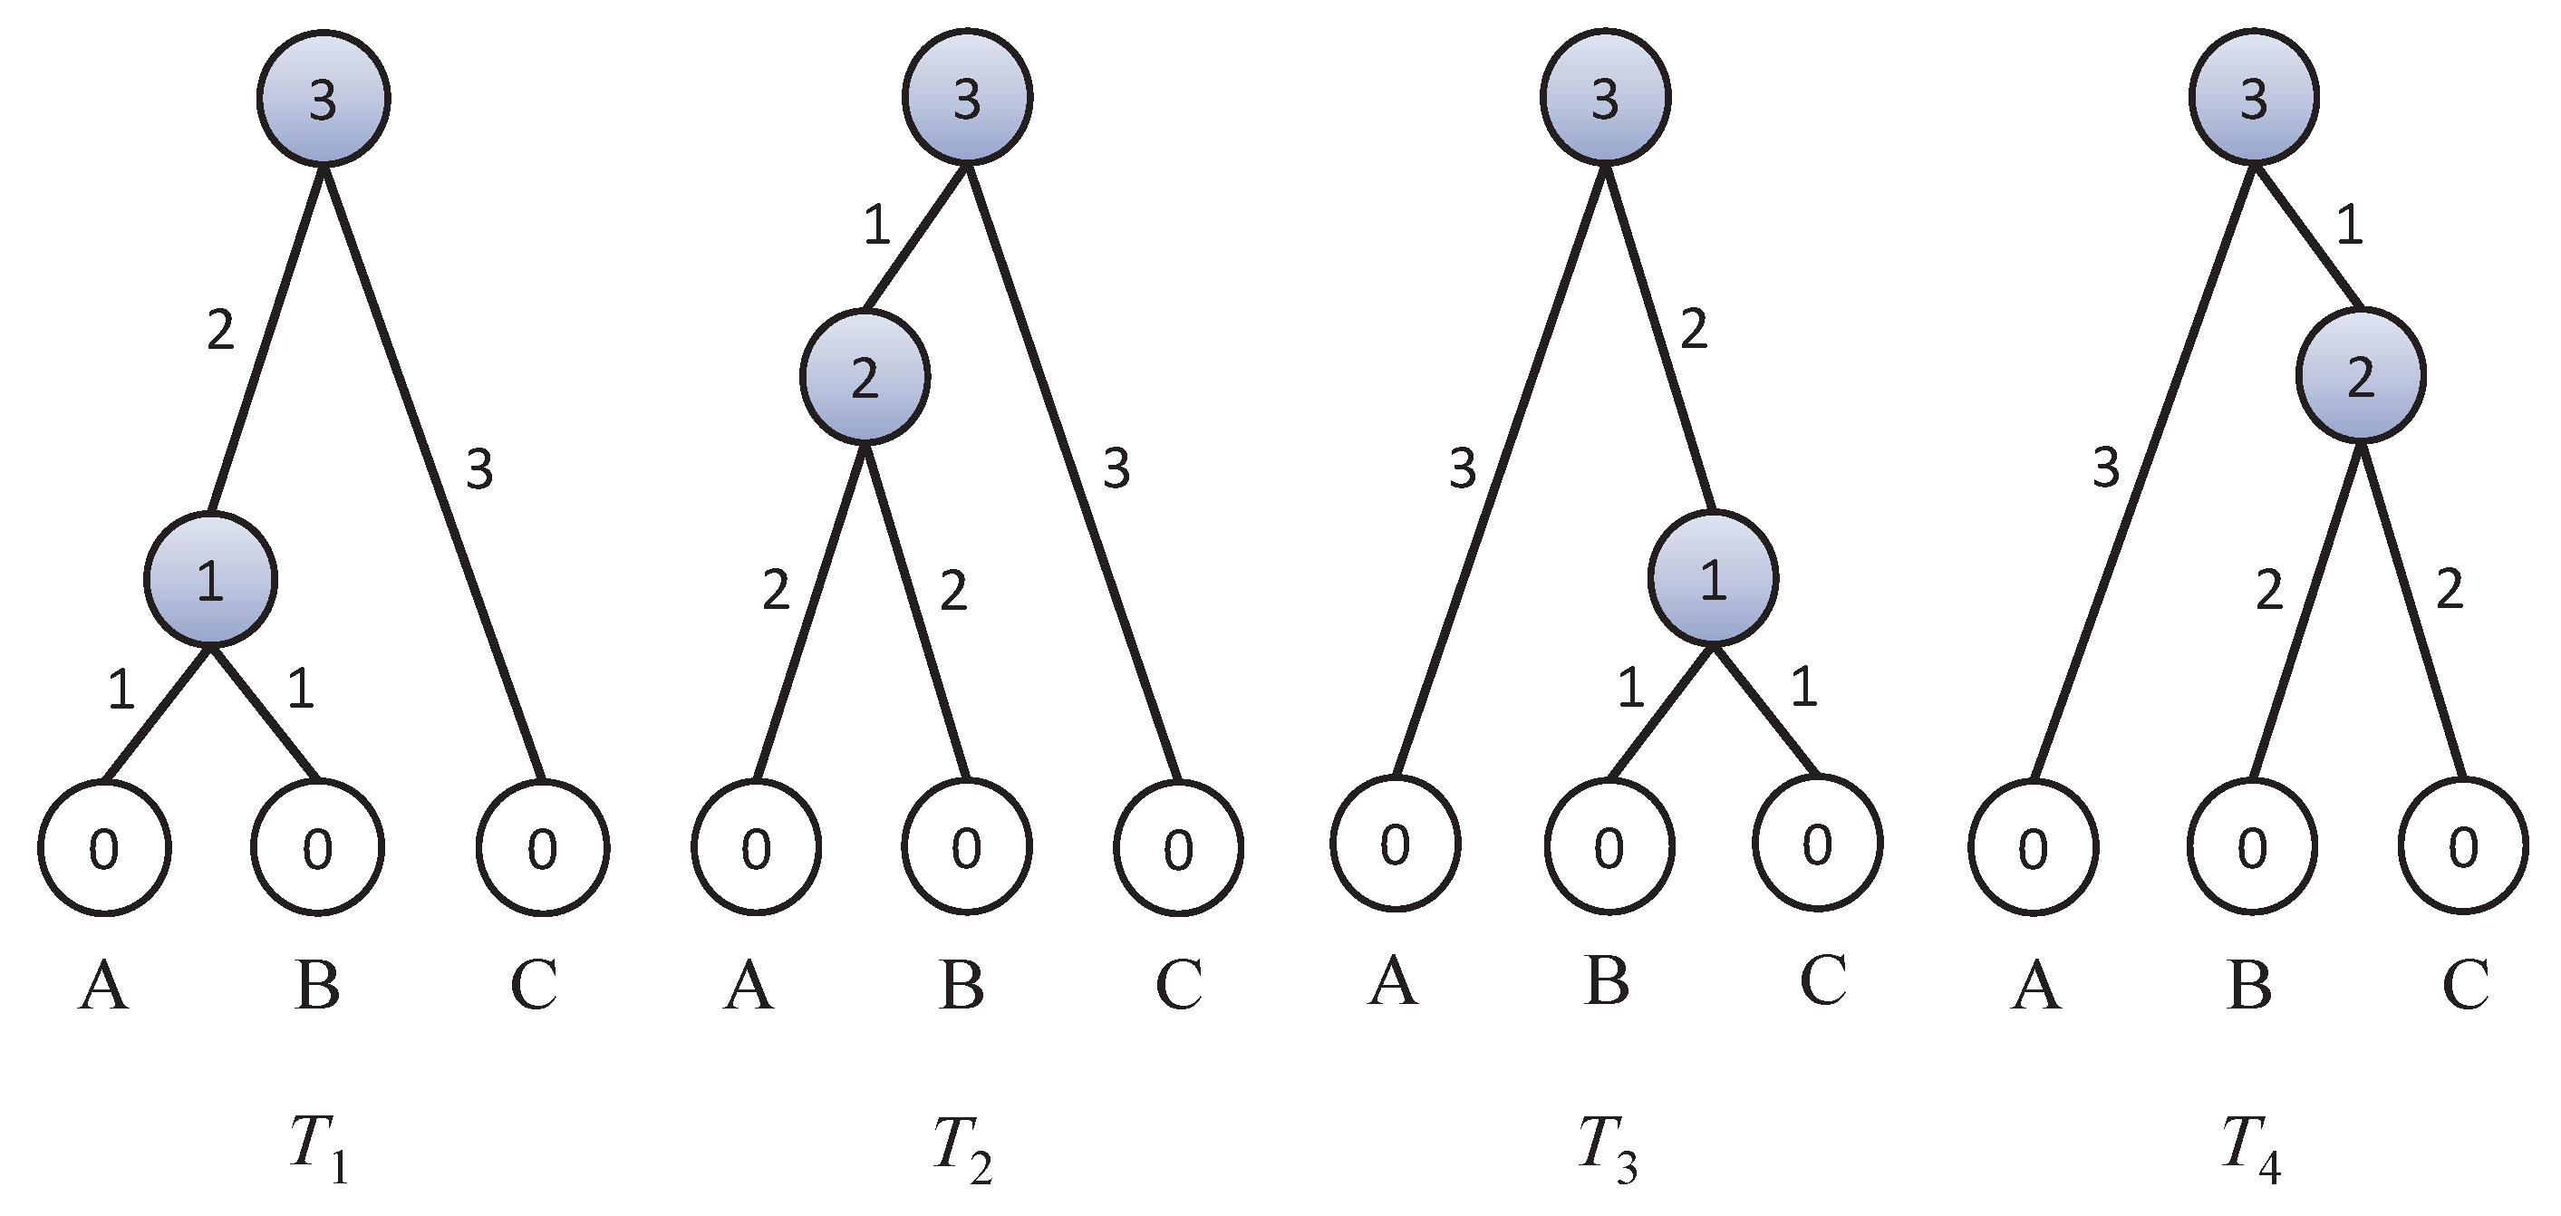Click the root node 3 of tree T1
point(324,100)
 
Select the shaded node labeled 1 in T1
point(211,579)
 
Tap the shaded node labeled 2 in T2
point(865,377)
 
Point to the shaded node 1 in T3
point(1713,578)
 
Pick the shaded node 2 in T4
point(2361,376)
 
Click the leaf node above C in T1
point(543,848)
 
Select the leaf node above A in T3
point(1396,844)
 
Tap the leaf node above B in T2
point(966,848)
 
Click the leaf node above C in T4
point(2462,848)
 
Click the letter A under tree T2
point(749,985)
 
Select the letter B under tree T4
point(2250,985)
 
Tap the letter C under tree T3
point(1823,980)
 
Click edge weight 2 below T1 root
point(221,330)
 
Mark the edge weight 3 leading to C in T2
point(1116,468)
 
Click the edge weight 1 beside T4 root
point(2349,227)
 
